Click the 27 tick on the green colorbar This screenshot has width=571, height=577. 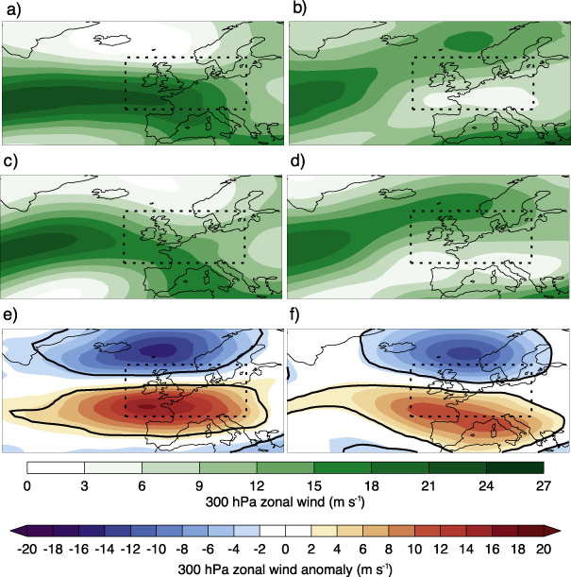tap(544, 484)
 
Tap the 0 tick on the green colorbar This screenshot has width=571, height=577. tap(27, 484)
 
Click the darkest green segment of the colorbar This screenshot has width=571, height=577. tap(514, 467)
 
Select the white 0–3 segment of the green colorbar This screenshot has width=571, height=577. tap(56, 467)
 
